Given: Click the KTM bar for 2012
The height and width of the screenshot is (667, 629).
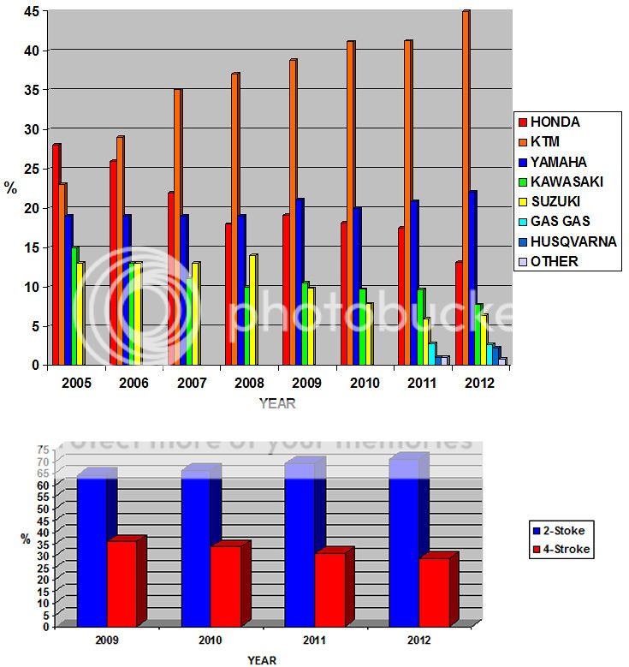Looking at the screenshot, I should coord(465,188).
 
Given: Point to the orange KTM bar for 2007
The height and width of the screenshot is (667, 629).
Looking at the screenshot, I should coord(177,227).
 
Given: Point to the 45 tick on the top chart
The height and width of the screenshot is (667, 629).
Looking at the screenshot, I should coord(30,11).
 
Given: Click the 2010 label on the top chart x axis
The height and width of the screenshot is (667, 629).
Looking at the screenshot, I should coord(361,382).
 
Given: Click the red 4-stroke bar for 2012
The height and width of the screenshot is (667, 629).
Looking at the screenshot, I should coord(434,591).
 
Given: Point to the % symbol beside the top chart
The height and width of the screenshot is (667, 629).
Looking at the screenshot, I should coord(11,188).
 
